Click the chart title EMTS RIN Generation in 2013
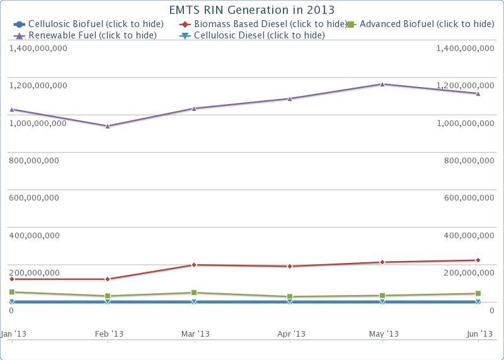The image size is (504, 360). (252, 10)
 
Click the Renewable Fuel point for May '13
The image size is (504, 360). (382, 84)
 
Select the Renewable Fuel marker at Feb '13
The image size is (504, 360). (108, 126)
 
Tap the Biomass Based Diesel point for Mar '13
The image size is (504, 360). (194, 265)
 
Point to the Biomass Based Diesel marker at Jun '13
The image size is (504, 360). (478, 260)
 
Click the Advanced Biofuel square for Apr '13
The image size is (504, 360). (290, 297)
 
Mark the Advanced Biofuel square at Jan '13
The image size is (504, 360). (11, 293)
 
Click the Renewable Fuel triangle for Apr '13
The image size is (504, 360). (290, 98)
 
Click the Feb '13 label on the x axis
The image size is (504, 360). (108, 334)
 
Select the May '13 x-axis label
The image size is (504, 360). (383, 334)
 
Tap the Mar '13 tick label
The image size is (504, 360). (195, 334)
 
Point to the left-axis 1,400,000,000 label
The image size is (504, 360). (38, 49)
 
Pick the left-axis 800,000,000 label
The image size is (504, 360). (34, 161)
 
